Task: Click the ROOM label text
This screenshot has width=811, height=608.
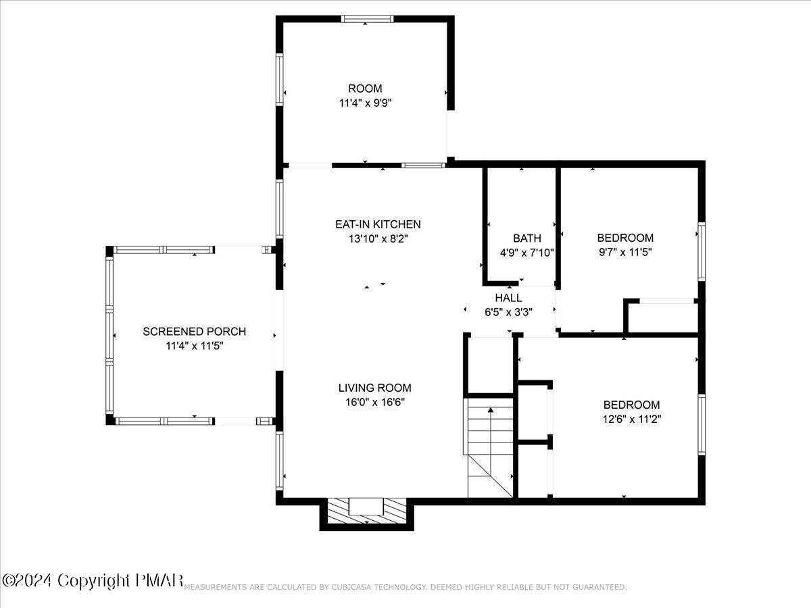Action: [x=365, y=88]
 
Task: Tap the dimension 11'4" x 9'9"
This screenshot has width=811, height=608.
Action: [x=365, y=103]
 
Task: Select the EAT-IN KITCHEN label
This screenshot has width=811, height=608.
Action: [x=378, y=224]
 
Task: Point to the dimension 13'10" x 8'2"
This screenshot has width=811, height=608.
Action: [x=378, y=239]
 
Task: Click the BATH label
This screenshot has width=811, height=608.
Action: [x=527, y=238]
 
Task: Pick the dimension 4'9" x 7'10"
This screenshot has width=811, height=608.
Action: [x=527, y=253]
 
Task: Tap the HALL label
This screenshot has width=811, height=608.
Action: [x=508, y=298]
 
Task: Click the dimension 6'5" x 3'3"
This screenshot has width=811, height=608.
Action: [x=508, y=312]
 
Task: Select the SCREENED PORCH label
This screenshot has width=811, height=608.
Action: [x=195, y=332]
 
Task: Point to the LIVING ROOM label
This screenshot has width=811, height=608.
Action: [x=374, y=388]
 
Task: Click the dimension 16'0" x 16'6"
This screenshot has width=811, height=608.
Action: [x=374, y=402]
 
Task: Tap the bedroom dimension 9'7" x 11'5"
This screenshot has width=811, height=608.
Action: [x=625, y=252]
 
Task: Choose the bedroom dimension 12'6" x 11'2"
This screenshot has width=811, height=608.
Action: [x=632, y=419]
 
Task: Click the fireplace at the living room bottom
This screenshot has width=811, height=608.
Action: [x=366, y=511]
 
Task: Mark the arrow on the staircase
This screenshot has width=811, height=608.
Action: [x=491, y=431]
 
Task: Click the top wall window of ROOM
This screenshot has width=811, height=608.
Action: [x=367, y=19]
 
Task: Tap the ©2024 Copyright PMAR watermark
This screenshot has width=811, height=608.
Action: [x=93, y=580]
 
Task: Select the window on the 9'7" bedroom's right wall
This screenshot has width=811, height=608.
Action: [x=702, y=252]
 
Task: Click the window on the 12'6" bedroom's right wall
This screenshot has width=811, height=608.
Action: [x=702, y=424]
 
